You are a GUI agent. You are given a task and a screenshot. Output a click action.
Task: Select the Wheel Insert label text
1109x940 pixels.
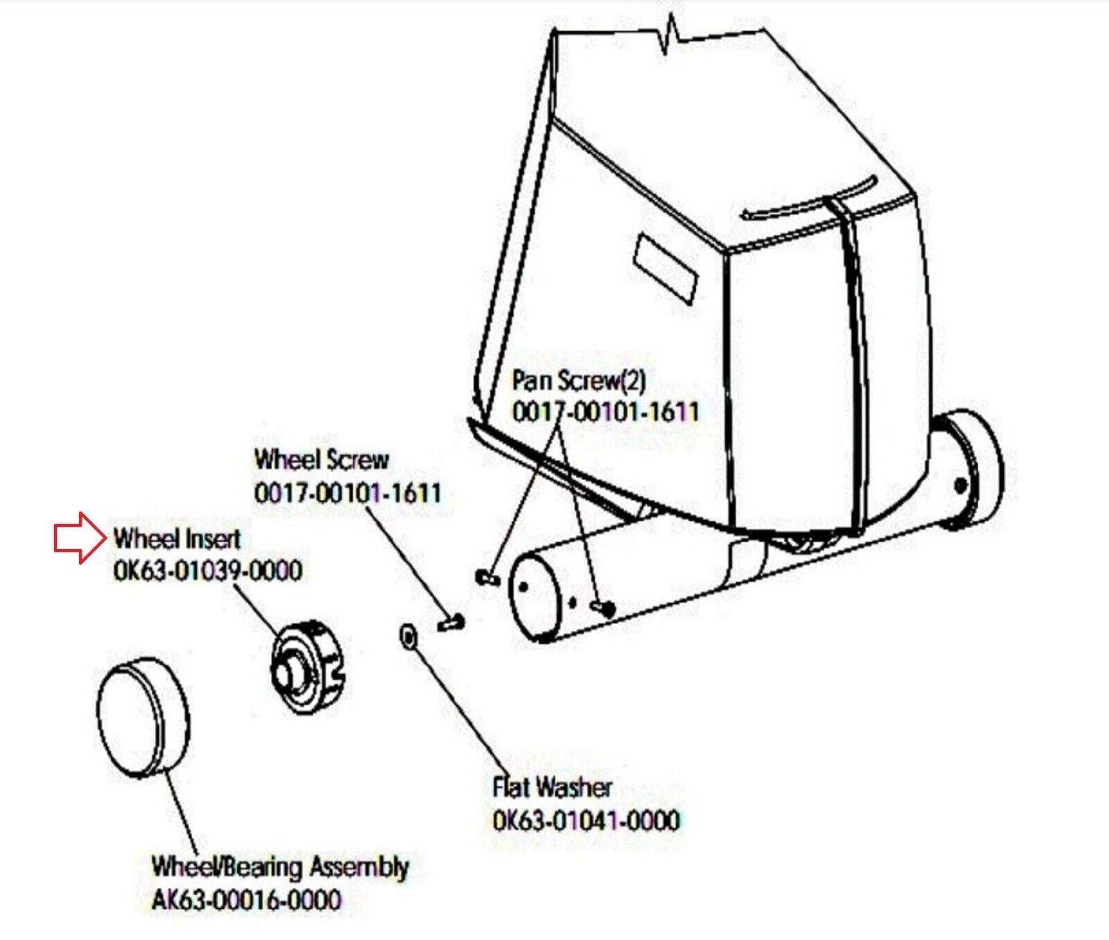pos(177,539)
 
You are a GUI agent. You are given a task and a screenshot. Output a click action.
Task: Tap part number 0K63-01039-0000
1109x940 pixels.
pos(208,572)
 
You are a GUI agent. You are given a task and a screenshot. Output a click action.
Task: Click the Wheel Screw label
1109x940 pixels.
pos(322,460)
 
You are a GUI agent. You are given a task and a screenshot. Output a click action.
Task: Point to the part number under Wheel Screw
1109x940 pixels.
pos(348,494)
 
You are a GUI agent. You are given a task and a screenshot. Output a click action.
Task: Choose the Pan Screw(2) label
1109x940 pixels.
pos(579,380)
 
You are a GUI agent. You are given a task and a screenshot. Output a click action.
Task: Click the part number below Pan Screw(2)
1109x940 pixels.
pos(606,412)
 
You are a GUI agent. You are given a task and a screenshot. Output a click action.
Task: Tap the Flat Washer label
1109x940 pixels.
pos(552,787)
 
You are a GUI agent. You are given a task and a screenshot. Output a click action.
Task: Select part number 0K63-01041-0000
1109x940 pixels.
pos(586,821)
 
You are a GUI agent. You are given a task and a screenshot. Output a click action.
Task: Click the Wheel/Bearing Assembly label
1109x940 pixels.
pos(280,867)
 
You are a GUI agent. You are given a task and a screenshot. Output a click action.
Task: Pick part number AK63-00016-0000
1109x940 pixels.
pos(247,900)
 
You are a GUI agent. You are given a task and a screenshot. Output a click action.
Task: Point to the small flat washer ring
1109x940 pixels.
pos(408,636)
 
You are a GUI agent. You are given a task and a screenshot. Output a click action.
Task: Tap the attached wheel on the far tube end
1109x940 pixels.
pos(972,471)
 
